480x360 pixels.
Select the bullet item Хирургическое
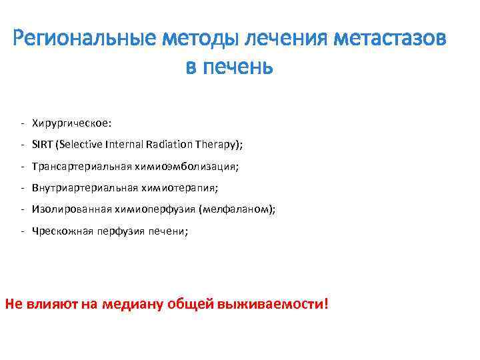point(72,123)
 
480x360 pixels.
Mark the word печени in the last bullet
point(167,231)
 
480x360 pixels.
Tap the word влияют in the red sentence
point(52,304)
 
